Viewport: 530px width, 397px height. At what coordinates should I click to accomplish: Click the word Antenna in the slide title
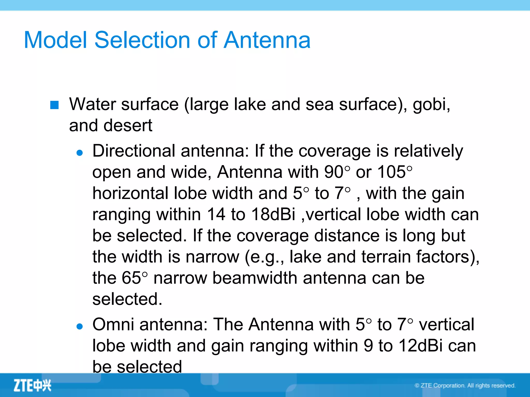267,40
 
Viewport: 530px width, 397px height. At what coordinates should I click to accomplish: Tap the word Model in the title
55,40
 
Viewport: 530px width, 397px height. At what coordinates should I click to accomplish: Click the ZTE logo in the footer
32,385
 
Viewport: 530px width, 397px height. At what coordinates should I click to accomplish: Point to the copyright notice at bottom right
465,386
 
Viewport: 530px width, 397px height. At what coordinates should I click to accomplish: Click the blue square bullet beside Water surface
54,105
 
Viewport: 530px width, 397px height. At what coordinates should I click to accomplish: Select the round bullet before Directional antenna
80,153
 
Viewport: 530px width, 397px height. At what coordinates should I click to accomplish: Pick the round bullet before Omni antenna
80,326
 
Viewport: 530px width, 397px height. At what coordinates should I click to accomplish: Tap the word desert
128,126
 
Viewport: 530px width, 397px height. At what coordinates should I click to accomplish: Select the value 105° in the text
395,172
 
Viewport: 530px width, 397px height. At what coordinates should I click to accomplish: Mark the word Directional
134,151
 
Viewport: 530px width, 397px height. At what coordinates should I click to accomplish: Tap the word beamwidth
255,278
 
